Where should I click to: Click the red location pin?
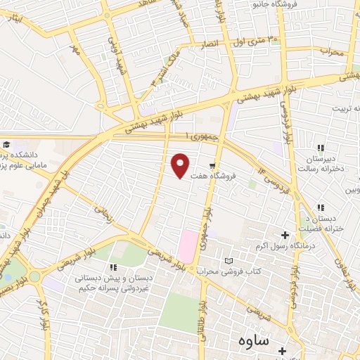tap(181, 165)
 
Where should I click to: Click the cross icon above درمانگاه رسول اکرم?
tap(285, 235)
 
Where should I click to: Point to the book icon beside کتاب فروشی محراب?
tap(227, 261)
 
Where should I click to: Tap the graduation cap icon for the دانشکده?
tap(4, 143)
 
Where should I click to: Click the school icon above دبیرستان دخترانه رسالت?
tap(321, 148)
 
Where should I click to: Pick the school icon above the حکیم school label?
tap(113, 267)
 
